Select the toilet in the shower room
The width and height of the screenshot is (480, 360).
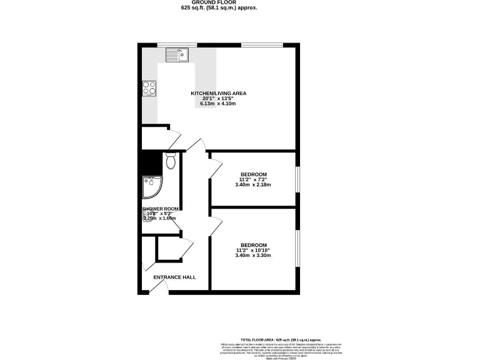click(171, 162)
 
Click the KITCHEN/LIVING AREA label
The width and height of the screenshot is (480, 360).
click(218, 93)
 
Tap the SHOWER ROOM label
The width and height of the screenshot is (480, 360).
click(161, 209)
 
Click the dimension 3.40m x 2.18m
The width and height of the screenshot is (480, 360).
click(254, 185)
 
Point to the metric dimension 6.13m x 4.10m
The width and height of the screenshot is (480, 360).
click(218, 103)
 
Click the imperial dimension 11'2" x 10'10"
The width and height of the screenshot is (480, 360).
click(254, 251)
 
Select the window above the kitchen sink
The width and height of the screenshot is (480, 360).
click(177, 44)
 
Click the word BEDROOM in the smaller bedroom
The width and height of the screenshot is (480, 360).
click(254, 174)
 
